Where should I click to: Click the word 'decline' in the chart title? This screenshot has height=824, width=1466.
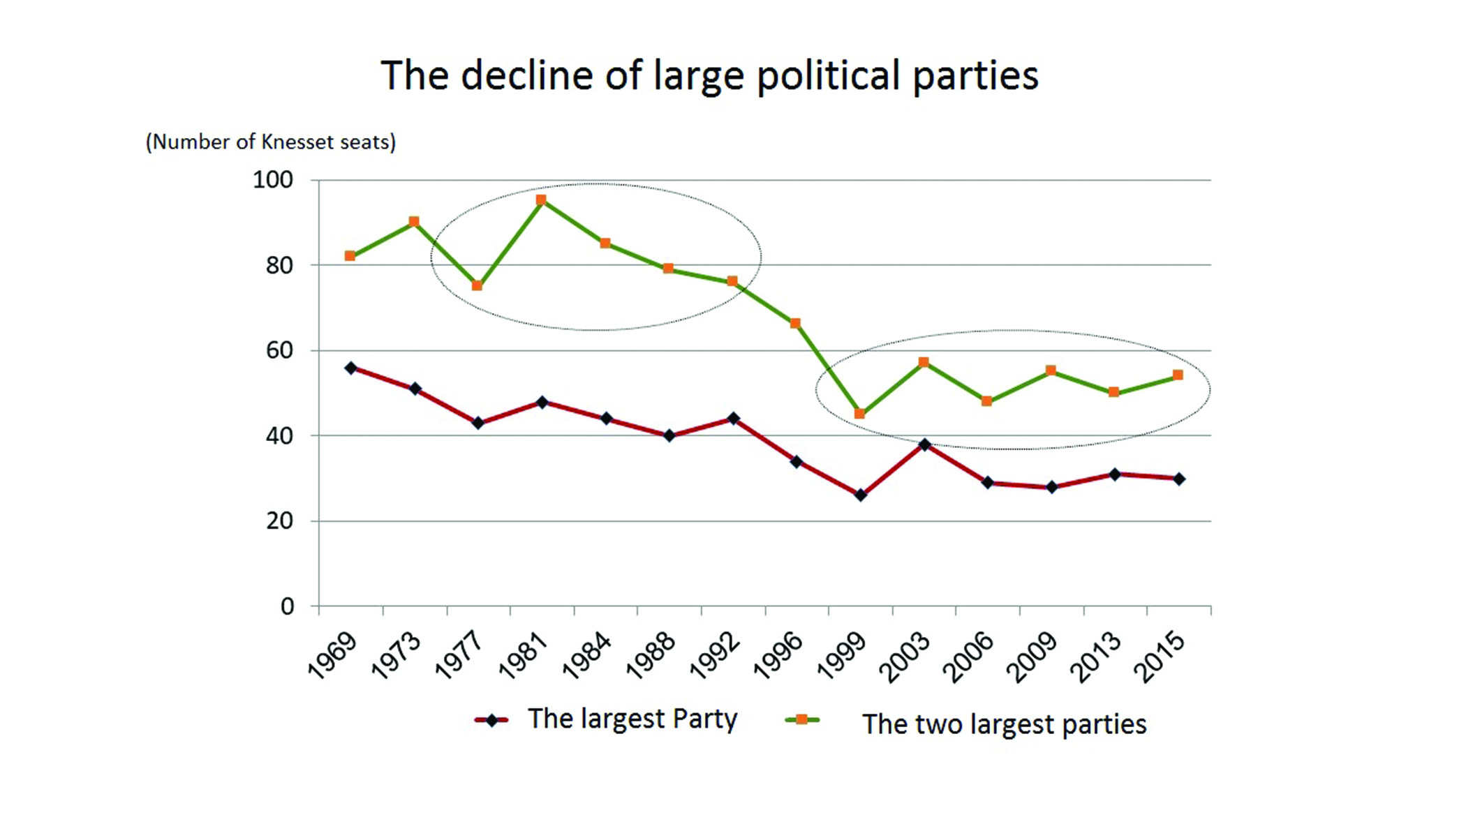coord(526,75)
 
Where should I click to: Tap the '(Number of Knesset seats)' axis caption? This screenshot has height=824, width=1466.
coord(270,142)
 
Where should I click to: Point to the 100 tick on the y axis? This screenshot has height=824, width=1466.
coord(272,180)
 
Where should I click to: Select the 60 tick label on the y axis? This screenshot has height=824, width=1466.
coord(279,350)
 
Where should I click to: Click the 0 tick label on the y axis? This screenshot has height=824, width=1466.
coord(287,606)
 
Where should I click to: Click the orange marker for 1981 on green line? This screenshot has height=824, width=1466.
coord(541,200)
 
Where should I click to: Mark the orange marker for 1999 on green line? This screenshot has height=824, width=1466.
coord(859,414)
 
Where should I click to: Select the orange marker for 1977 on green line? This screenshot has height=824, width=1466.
coord(477,285)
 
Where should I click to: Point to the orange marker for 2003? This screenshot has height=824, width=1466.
coord(924,362)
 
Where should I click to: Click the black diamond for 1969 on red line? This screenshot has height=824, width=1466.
coord(351,368)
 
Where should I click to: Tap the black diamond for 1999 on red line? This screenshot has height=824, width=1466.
coord(860,495)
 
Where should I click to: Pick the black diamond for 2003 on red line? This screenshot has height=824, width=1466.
coord(925,444)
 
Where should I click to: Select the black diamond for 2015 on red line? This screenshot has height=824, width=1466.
coord(1179,479)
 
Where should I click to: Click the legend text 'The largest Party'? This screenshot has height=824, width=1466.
coord(632,719)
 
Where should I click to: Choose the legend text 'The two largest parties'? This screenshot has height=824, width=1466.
coord(1004,724)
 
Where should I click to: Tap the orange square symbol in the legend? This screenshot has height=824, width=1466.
coord(802,719)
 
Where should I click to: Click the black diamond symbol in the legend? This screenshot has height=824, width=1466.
coord(492,720)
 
